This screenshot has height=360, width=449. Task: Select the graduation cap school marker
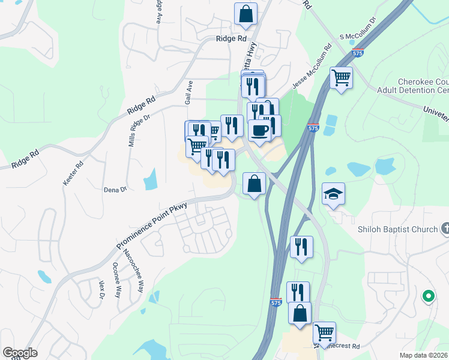pyautogui.click(x=333, y=194)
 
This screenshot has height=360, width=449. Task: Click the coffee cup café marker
pyautogui.click(x=259, y=130)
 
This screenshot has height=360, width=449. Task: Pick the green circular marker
pyautogui.click(x=428, y=296)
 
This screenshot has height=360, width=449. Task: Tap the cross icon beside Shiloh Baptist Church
pyautogui.click(x=445, y=229)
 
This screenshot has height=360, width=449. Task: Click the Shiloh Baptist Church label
pyautogui.click(x=399, y=229)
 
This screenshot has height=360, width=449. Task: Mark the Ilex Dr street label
pyautogui.click(x=101, y=289)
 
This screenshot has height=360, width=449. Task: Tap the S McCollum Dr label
pyautogui.click(x=357, y=37)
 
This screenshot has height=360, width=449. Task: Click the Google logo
pyautogui.click(x=20, y=353)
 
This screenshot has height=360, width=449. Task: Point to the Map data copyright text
pyautogui.click(x=424, y=355)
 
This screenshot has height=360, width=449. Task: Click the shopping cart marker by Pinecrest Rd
pyautogui.click(x=324, y=332)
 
